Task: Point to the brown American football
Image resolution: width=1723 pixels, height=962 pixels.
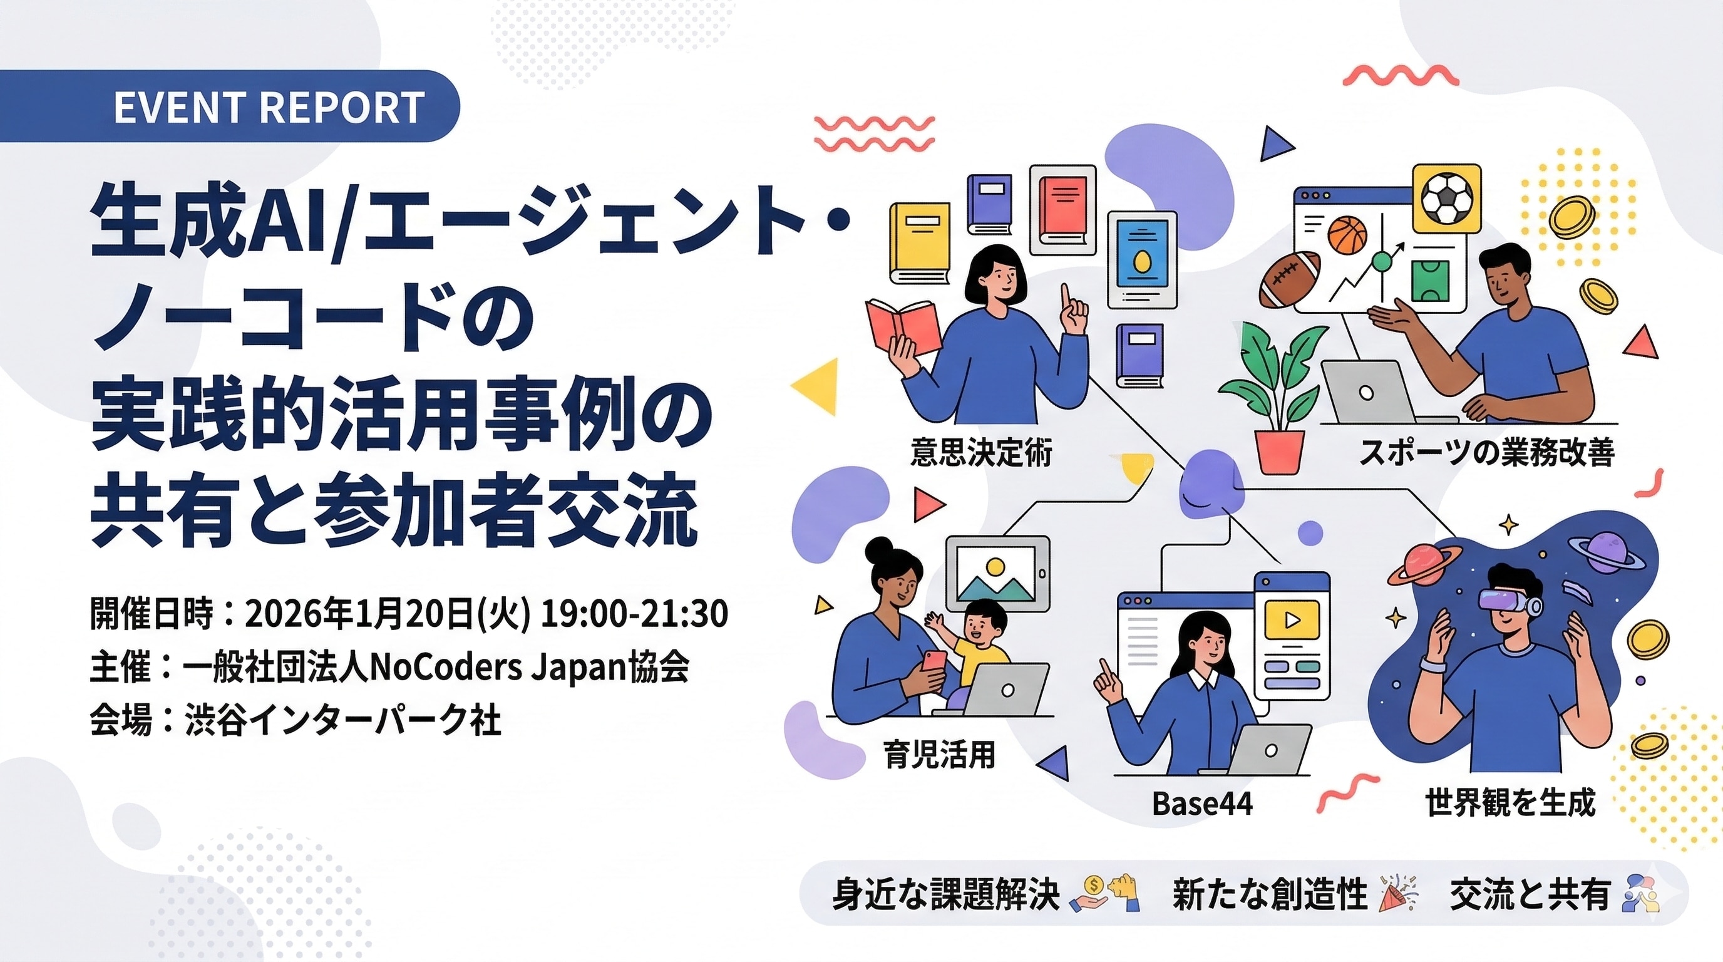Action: (1290, 279)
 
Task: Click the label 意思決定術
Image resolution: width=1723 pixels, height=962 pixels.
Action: (981, 452)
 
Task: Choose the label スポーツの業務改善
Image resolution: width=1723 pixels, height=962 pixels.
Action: (1487, 452)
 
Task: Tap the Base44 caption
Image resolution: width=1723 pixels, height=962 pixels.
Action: (1202, 804)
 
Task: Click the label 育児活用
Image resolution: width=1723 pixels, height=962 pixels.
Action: (940, 754)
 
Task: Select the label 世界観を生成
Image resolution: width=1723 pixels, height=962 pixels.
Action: (1510, 802)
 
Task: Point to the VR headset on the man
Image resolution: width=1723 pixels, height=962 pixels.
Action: (1510, 603)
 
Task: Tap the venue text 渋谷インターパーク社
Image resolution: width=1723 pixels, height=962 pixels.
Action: (343, 721)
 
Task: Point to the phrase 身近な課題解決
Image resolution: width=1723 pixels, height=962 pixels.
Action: (946, 894)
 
